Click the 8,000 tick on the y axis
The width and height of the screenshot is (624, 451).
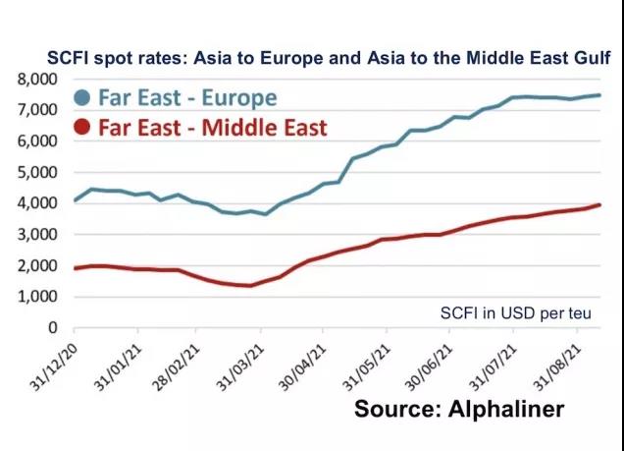click(36, 79)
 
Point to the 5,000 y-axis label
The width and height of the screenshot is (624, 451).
click(36, 172)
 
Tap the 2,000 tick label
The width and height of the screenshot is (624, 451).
click(36, 265)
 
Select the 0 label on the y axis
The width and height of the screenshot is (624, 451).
click(52, 328)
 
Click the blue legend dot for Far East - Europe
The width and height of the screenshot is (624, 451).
click(81, 98)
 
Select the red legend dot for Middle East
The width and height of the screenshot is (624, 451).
click(81, 128)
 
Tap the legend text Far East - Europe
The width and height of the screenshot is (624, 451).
click(185, 98)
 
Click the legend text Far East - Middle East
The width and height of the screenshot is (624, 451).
click(211, 128)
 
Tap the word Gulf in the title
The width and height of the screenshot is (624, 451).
click(592, 58)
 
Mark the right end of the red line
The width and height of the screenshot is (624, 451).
click(599, 204)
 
